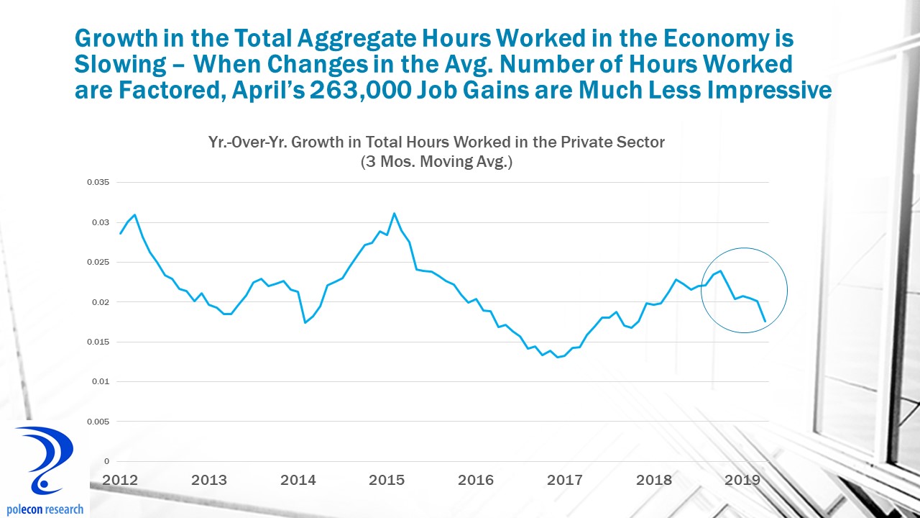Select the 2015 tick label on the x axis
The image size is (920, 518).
(387, 480)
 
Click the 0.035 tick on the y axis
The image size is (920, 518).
(98, 183)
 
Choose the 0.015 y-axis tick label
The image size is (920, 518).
(98, 342)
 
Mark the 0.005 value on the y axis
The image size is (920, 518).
(98, 422)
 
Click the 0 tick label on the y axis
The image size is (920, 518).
(106, 461)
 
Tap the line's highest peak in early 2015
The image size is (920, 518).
(394, 214)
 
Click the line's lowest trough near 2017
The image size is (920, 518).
(558, 357)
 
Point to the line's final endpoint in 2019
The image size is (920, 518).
(765, 321)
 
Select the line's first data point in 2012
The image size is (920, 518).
(120, 233)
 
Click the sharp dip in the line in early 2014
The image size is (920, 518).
(305, 322)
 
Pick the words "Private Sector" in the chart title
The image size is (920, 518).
(615, 142)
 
